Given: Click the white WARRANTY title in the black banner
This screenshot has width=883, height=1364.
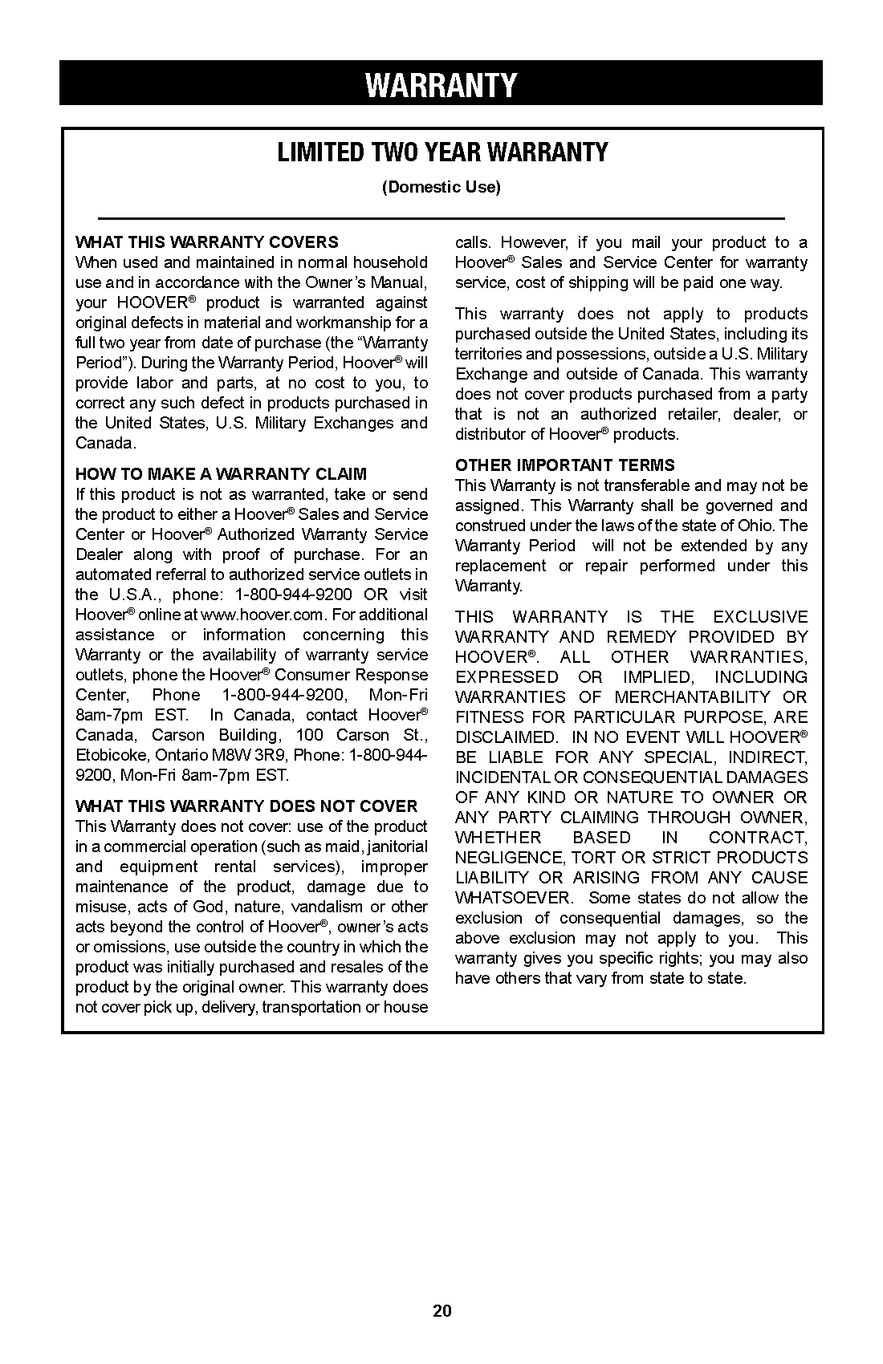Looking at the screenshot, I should (x=441, y=85).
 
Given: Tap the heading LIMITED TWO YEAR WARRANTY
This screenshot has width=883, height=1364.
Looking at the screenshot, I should (x=442, y=152).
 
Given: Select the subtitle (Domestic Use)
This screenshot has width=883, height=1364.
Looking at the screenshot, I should (x=441, y=188).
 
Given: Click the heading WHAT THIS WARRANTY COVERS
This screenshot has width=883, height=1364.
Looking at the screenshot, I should (x=207, y=242).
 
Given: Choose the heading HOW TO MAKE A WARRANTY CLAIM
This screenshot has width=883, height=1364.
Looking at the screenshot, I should (x=221, y=474).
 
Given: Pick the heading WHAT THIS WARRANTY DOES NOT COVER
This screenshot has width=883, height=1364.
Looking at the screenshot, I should (x=246, y=806).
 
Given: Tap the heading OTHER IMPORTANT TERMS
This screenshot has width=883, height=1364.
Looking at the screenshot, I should (x=565, y=465).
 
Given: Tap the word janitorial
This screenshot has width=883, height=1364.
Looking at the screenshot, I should (x=397, y=846).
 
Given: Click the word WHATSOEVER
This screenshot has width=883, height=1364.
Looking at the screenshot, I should (x=514, y=898).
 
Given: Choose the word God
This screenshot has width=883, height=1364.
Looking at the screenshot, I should (x=211, y=907).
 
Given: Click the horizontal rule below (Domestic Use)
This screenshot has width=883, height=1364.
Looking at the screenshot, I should (x=441, y=218).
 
